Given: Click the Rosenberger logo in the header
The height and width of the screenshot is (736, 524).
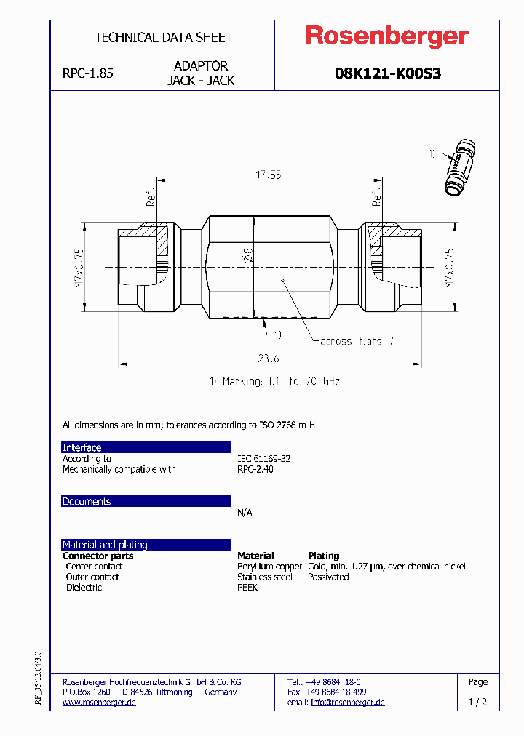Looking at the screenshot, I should pyautogui.click(x=386, y=36).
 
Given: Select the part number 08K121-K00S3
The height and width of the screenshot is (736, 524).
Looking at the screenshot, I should pyautogui.click(x=387, y=73).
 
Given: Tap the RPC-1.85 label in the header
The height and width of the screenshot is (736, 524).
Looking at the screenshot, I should pyautogui.click(x=87, y=73).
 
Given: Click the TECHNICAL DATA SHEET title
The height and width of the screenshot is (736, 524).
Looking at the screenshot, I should pyautogui.click(x=163, y=37).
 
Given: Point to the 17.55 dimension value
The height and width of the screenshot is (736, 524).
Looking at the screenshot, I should pyautogui.click(x=268, y=175).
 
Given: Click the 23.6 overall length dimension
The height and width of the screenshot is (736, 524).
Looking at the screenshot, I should pyautogui.click(x=269, y=357).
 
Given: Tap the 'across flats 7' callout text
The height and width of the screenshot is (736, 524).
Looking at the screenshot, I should pyautogui.click(x=357, y=340).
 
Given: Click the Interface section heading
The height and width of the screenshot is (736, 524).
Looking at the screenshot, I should pyautogui.click(x=82, y=447).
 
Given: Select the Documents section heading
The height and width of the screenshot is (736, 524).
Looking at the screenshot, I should pyautogui.click(x=87, y=502).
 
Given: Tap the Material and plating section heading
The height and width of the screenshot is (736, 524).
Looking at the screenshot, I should pyautogui.click(x=105, y=545).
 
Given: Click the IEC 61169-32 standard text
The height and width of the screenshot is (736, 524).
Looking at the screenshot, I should pyautogui.click(x=263, y=459).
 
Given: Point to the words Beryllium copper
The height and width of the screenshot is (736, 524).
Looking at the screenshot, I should pyautogui.click(x=269, y=567).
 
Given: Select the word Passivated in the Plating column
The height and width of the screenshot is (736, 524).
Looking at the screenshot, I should pyautogui.click(x=328, y=577).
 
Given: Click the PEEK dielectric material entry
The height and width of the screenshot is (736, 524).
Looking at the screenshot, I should pyautogui.click(x=247, y=588).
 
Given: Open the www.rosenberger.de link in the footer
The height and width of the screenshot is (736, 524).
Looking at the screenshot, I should pyautogui.click(x=99, y=703).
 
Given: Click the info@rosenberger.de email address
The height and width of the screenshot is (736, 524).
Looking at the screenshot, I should pyautogui.click(x=347, y=703).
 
